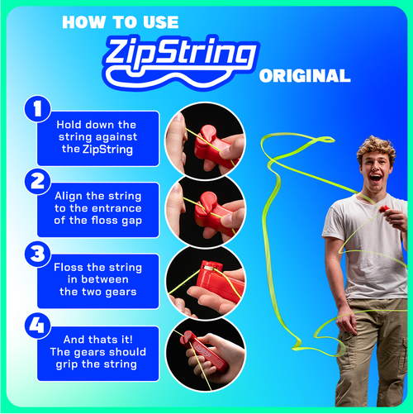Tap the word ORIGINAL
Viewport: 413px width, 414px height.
click(x=304, y=76)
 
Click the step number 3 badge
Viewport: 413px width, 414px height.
click(x=36, y=254)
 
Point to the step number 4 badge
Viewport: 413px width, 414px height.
click(x=36, y=325)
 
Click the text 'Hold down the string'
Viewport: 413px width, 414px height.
click(x=97, y=125)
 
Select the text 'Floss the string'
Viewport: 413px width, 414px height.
click(x=97, y=268)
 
